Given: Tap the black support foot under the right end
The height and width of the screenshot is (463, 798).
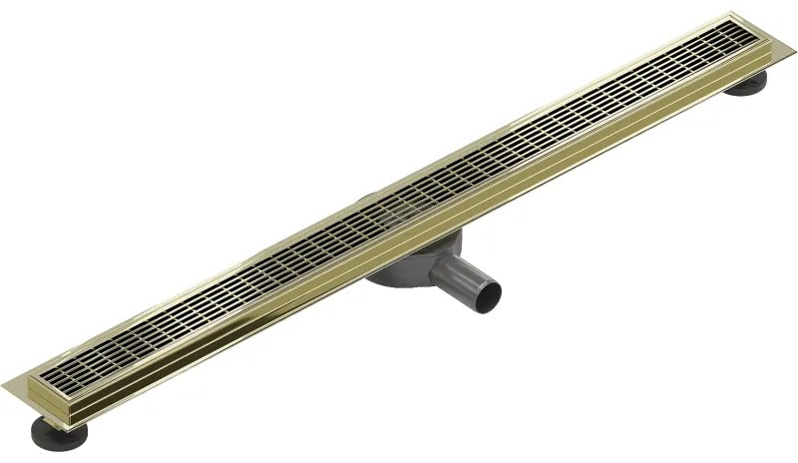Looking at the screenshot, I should [748, 88].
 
